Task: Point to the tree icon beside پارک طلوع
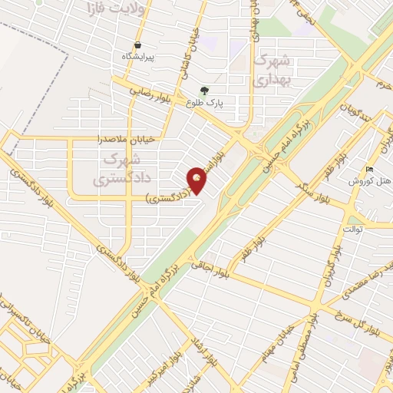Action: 204,90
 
